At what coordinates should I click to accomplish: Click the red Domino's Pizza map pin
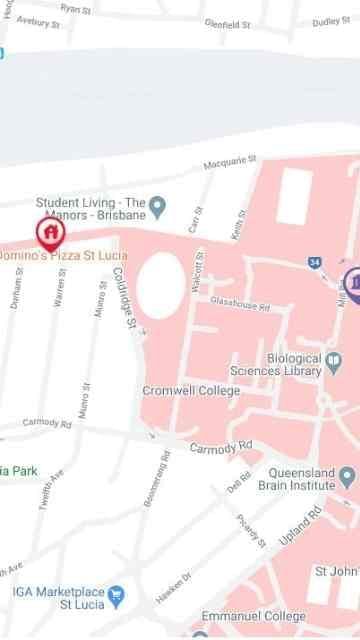coord(49,233)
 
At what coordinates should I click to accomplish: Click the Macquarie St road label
coord(230,160)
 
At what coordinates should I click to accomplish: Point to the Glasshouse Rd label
coord(240,304)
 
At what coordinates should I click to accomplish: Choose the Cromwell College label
coord(191,391)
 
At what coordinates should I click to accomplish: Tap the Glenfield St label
coord(227,23)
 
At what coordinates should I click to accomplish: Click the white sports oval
coord(160,285)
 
